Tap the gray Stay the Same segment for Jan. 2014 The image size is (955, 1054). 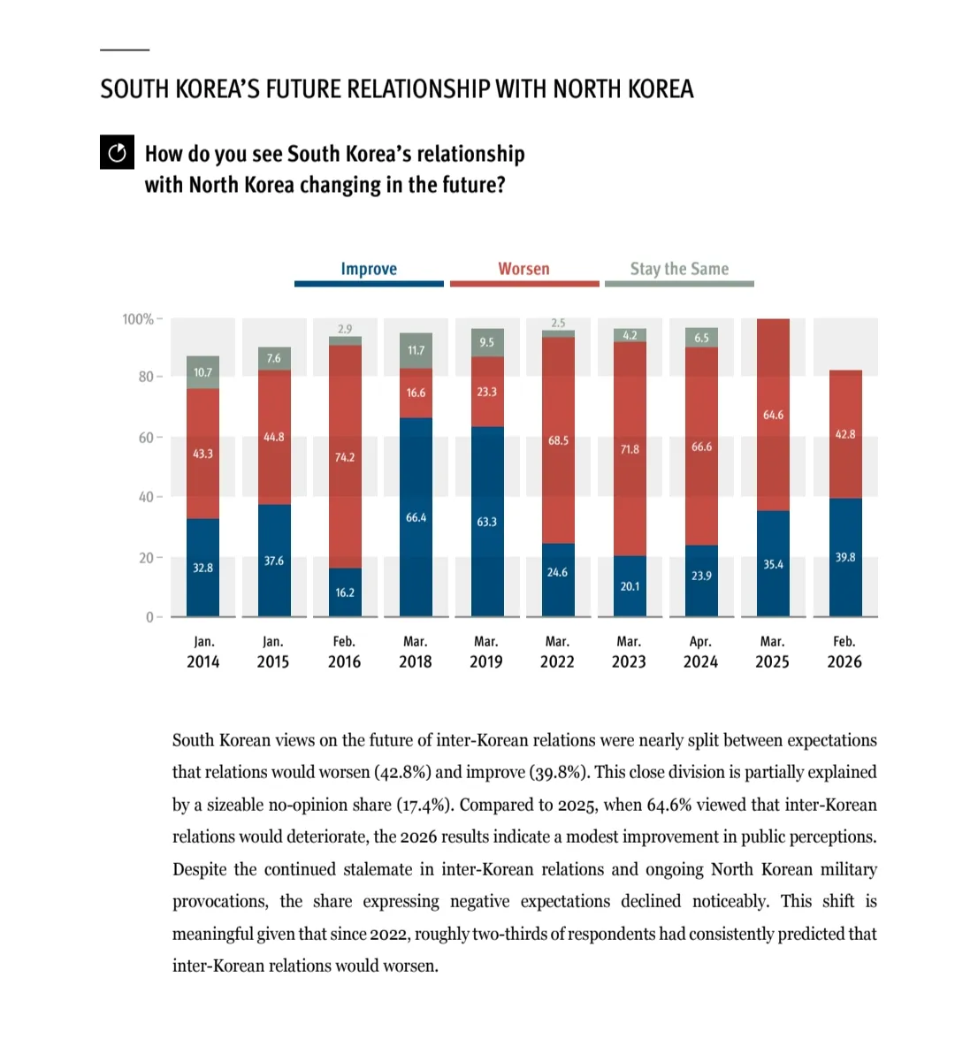(203, 372)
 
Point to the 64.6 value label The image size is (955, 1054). (773, 415)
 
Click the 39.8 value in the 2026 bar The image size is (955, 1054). (845, 557)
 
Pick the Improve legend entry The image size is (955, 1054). (369, 270)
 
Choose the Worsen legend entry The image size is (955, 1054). (523, 270)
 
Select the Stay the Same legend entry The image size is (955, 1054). (679, 270)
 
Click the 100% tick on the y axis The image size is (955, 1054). (138, 319)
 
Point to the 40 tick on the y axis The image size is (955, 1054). (146, 497)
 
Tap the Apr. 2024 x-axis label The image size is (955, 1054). (700, 652)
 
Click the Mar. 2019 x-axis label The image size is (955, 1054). (486, 652)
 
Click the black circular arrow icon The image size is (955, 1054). (117, 153)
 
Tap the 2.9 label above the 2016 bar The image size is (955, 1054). (345, 329)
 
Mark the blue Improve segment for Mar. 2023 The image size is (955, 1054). (630, 585)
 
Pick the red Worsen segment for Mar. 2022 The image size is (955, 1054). (558, 440)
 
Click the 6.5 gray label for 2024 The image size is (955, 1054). (701, 338)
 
